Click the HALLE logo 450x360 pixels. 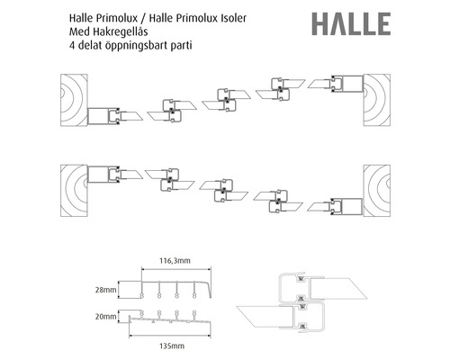click(351, 23)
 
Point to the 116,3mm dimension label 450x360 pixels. click(175, 260)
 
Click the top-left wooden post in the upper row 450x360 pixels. click(74, 100)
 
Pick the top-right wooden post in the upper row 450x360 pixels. click(377, 100)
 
